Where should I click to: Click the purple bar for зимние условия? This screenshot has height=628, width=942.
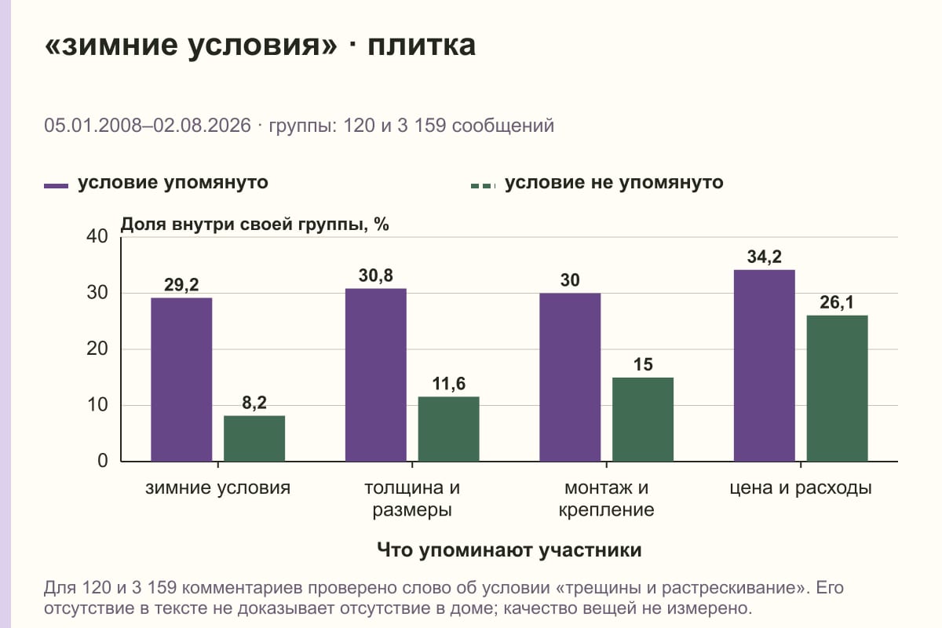[181, 379]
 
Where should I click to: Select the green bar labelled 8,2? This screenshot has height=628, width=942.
[254, 438]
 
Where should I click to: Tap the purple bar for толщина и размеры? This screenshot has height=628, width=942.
[375, 374]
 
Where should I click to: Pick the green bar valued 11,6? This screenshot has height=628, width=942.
[448, 429]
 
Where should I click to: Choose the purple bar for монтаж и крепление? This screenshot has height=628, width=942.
[570, 378]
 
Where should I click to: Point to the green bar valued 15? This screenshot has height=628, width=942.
[643, 419]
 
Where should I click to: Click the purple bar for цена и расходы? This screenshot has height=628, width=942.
[764, 366]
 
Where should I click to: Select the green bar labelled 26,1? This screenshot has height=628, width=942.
[837, 389]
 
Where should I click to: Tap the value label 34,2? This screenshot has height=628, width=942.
[764, 257]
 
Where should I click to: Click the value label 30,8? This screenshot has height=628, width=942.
[375, 276]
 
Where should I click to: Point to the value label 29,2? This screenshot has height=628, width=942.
[181, 285]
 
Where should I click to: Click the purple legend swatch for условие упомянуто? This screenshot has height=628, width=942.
[56, 186]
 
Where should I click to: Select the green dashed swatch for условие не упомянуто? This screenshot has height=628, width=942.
[484, 186]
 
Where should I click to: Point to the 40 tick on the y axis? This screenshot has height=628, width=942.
[97, 236]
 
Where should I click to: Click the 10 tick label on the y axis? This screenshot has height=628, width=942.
[97, 405]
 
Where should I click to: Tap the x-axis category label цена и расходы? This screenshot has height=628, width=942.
[801, 488]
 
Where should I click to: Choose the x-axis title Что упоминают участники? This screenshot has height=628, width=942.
[509, 549]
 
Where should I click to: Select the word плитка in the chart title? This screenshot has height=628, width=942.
[422, 45]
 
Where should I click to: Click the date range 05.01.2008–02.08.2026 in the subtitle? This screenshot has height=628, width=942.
[148, 126]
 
